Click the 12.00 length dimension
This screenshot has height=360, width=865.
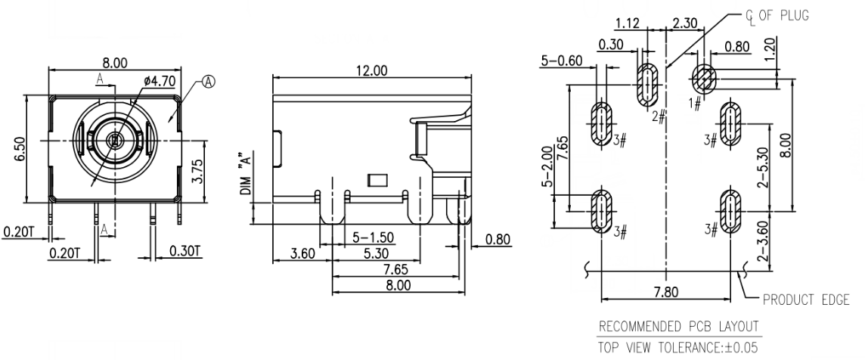pos(370,70)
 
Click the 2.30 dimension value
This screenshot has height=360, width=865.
pos(684,23)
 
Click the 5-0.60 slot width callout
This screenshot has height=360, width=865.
pos(562,61)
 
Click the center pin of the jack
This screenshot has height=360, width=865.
pos(114,141)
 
